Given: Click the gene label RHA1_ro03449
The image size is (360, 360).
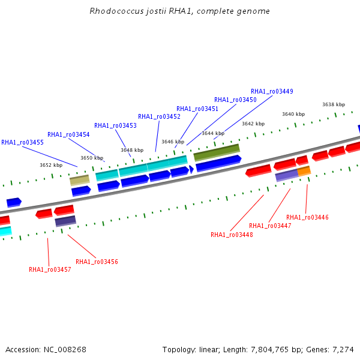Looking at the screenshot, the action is (x=272, y=91).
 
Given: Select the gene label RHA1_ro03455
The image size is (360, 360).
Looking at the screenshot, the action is (x=22, y=142).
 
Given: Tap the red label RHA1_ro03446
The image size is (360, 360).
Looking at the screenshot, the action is (x=307, y=217).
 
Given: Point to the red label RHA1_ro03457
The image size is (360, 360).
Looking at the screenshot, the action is (x=50, y=269).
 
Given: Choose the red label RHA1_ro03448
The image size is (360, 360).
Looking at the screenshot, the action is (x=232, y=235).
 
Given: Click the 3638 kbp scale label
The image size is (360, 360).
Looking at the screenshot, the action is (x=334, y=104).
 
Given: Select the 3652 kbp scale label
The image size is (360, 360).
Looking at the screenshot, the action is (x=51, y=165).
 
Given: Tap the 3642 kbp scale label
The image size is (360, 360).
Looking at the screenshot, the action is (x=253, y=124).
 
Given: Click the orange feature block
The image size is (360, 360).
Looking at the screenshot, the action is (x=304, y=171).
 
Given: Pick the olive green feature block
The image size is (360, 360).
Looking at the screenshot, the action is (x=217, y=152).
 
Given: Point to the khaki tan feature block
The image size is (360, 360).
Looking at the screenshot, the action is (x=80, y=180).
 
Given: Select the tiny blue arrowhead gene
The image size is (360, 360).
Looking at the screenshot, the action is (x=191, y=169).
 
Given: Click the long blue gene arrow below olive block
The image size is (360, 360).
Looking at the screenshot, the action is (x=218, y=163).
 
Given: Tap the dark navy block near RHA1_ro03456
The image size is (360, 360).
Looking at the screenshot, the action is (x=65, y=221).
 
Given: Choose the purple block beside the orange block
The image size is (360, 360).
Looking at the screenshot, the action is (x=287, y=175).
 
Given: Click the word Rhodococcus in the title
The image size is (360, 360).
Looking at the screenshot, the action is (x=116, y=11).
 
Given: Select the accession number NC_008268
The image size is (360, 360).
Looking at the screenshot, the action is (x=65, y=350).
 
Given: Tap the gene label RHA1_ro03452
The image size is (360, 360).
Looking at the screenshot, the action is (x=159, y=116).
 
